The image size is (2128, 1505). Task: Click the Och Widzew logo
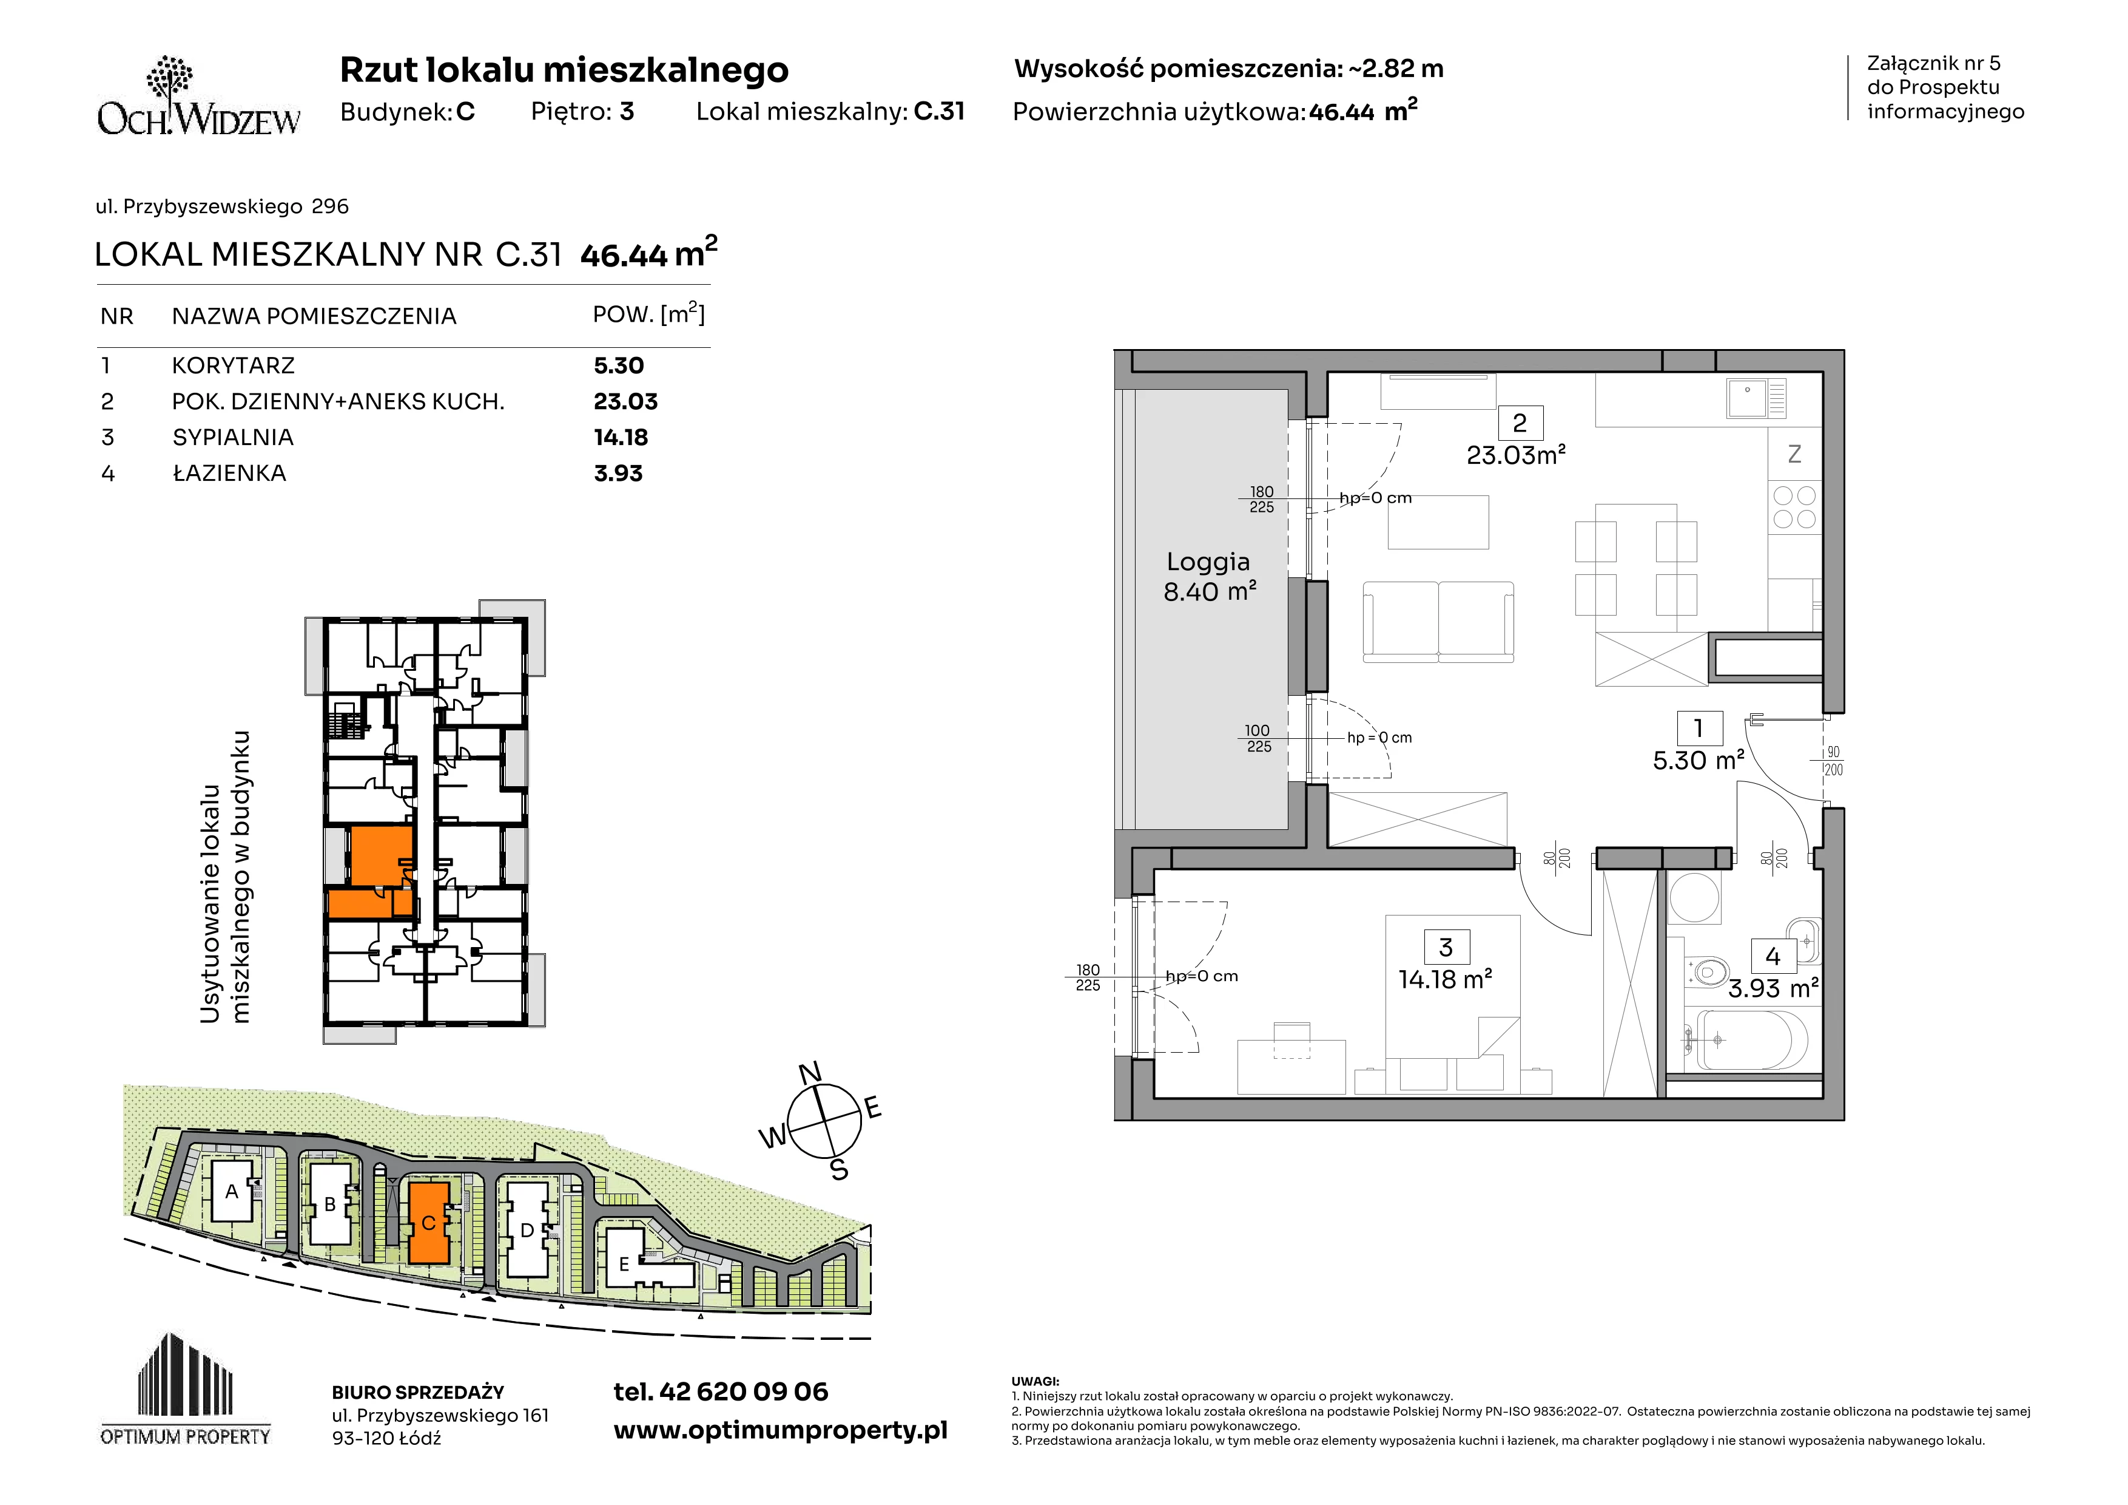(x=198, y=97)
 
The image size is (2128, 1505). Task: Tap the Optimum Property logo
(x=186, y=1389)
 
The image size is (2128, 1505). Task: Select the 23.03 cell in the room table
(x=625, y=401)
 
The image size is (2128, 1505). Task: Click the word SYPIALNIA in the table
(x=232, y=438)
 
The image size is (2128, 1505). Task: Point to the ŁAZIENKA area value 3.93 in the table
(x=618, y=474)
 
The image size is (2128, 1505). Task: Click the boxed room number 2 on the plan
(x=1519, y=423)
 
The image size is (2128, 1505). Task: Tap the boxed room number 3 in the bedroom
(x=1446, y=946)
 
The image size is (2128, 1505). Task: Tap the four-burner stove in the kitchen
(x=1794, y=507)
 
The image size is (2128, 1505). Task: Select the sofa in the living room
(x=1438, y=622)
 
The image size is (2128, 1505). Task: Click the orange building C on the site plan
(x=429, y=1222)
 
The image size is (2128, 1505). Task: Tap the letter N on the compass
(x=810, y=1073)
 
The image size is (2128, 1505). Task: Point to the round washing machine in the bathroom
(x=1694, y=898)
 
